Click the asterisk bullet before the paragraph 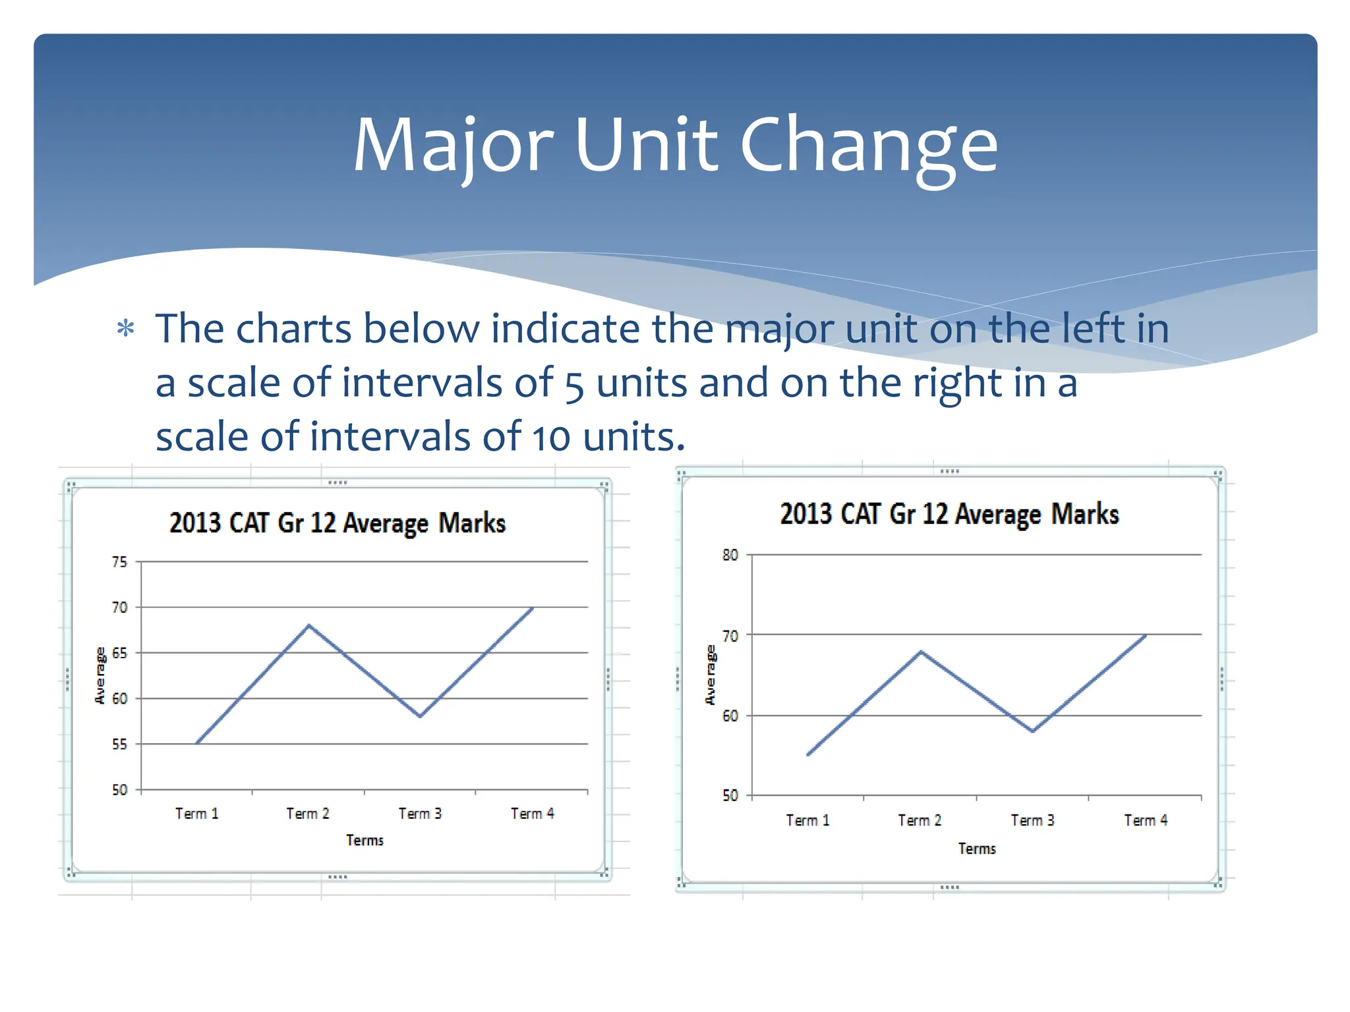coord(125,328)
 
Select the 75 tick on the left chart coord(119,562)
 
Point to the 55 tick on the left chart coord(119,745)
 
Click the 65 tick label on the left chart coord(119,653)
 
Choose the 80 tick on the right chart coord(730,555)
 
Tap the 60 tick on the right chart coord(730,716)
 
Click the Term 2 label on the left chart coord(308,814)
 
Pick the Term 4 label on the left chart coord(533,814)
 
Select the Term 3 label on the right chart coord(1033,820)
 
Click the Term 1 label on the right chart coord(808,820)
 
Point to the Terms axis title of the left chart coord(365,840)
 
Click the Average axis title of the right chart coord(710,675)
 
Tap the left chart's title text coord(337,523)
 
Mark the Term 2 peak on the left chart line coord(308,625)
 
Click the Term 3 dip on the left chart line coord(421,716)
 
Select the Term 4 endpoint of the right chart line coord(1146,636)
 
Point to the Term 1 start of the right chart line coord(808,755)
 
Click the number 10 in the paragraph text coord(551,437)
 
